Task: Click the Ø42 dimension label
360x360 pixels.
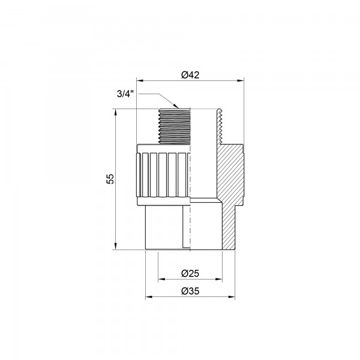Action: pyautogui.click(x=190, y=75)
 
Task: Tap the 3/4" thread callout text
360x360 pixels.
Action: pyautogui.click(x=125, y=94)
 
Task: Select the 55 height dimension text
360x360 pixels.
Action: pyautogui.click(x=110, y=179)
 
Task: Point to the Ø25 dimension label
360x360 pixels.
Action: pyautogui.click(x=190, y=273)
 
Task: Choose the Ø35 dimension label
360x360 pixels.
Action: pyautogui.click(x=190, y=291)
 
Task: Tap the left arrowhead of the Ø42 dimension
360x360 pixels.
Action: pyautogui.click(x=140, y=80)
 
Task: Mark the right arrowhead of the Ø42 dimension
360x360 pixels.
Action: pyautogui.click(x=241, y=80)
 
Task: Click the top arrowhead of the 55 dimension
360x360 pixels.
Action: pyautogui.click(x=115, y=112)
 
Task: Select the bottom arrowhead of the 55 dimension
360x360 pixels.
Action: pyautogui.click(x=115, y=246)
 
